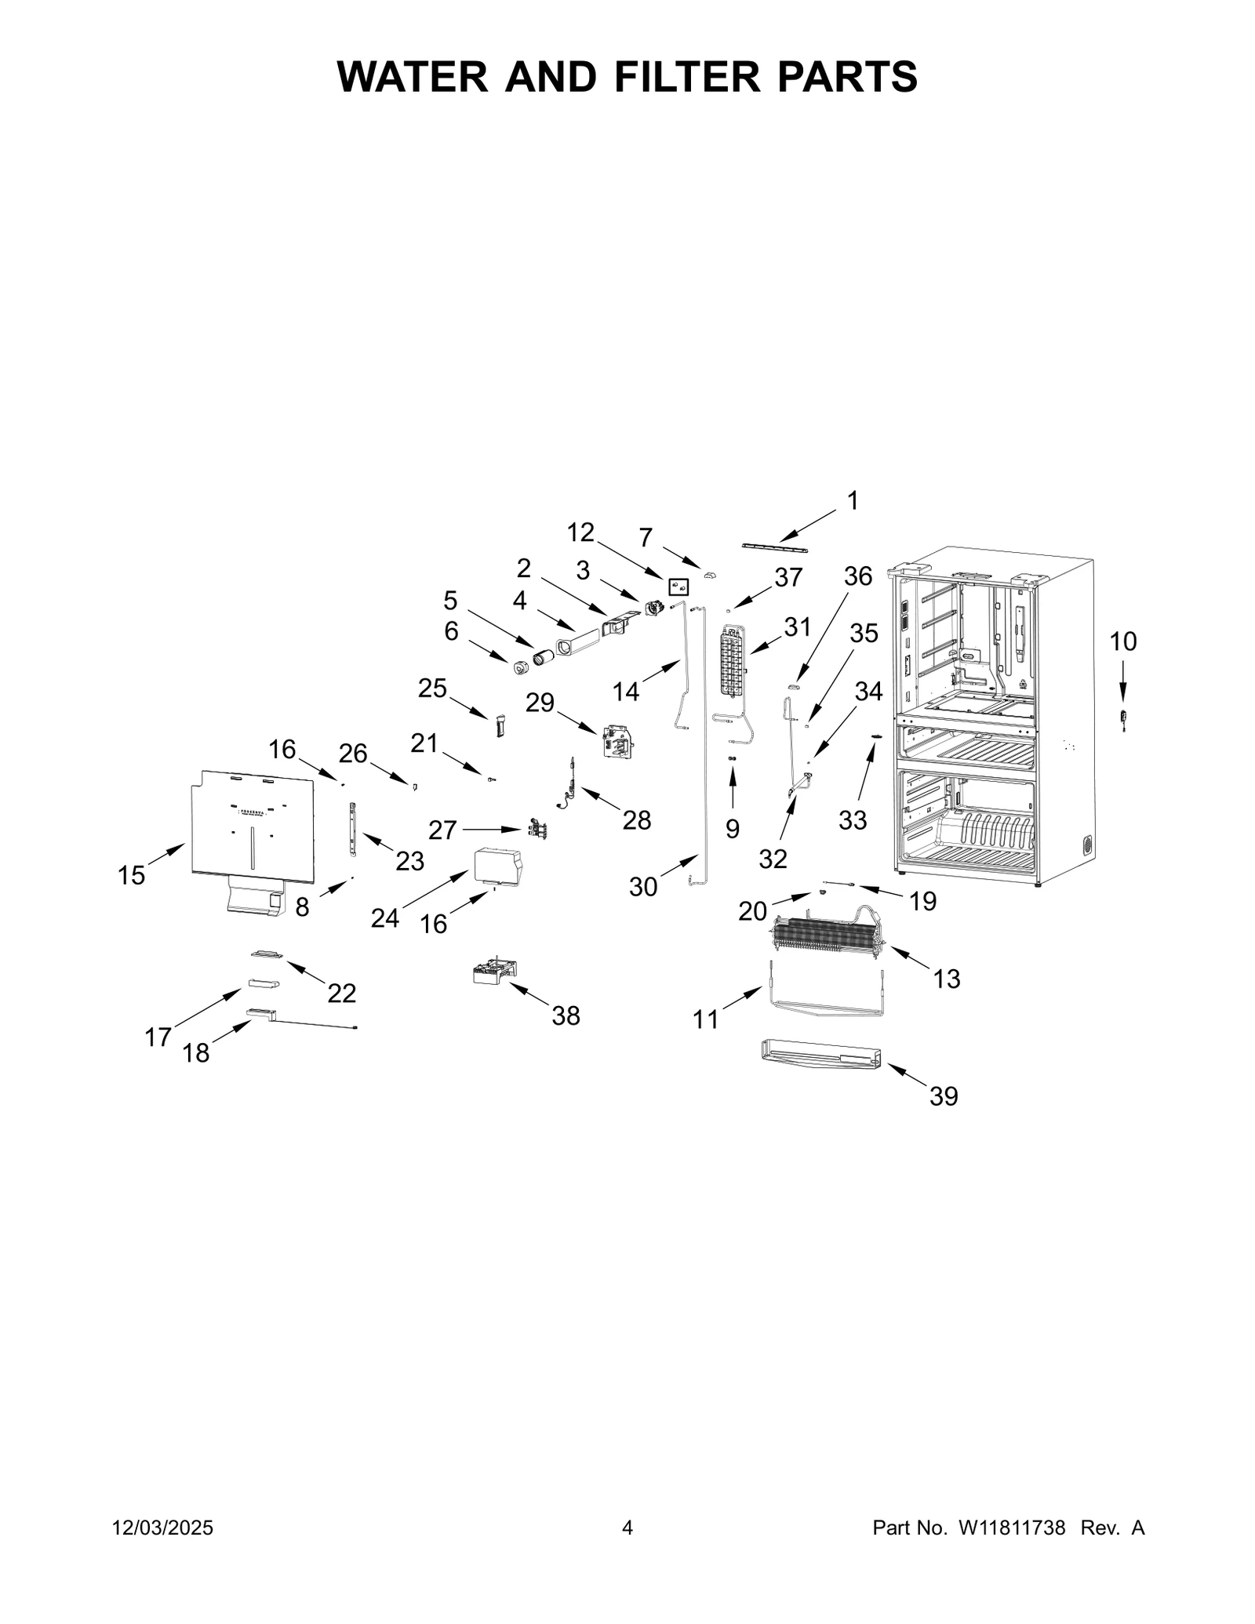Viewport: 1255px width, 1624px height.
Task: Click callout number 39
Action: (944, 1096)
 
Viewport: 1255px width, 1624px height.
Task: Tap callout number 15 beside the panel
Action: (131, 875)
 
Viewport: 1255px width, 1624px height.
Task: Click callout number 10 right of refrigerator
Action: (1122, 641)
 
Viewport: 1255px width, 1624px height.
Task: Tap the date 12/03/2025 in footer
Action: (162, 1528)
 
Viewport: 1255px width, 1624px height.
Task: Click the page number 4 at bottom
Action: (627, 1528)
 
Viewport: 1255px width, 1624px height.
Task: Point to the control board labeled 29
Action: (617, 740)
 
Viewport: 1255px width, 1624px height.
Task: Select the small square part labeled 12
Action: (678, 587)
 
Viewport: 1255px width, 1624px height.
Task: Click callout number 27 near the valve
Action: (442, 830)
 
